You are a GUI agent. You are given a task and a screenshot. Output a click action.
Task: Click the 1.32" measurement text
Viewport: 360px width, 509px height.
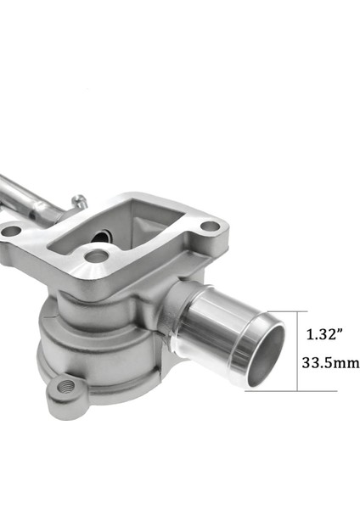pos(323,333)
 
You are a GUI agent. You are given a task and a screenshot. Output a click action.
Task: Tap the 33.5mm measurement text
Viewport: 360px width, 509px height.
pos(329,363)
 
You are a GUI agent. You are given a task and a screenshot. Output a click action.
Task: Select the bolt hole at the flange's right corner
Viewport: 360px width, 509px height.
pos(211,227)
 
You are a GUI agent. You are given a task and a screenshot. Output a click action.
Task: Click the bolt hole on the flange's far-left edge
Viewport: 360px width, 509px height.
pos(11,231)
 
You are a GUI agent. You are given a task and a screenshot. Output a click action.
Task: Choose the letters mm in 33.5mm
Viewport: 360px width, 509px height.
pos(346,363)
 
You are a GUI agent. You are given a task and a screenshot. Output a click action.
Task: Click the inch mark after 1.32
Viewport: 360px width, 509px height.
pos(341,330)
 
